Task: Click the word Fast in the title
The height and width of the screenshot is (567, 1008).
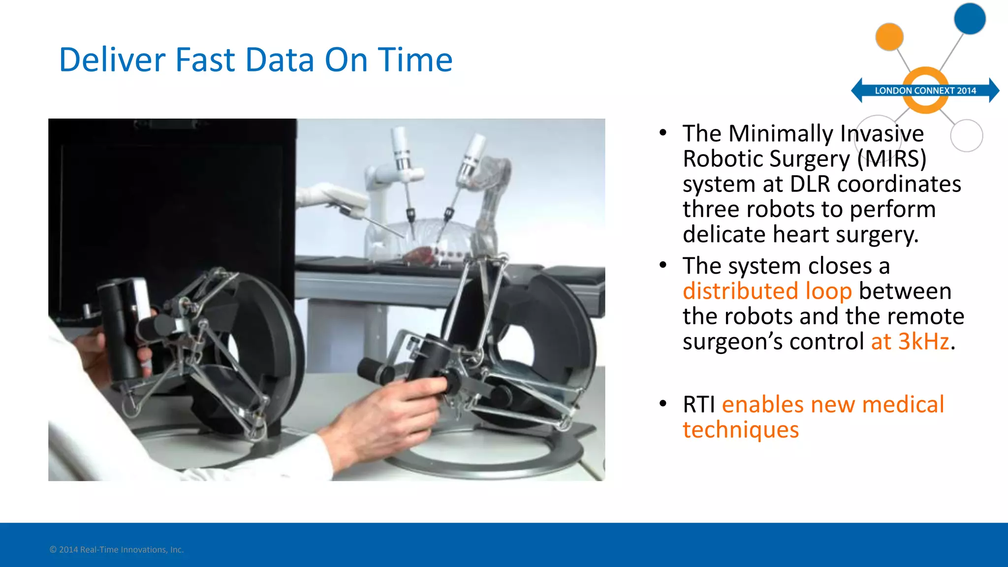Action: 205,60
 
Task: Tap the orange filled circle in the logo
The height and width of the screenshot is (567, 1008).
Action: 889,36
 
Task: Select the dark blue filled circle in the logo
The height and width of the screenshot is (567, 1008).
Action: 969,19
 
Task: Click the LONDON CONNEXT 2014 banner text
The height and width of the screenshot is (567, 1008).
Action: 925,91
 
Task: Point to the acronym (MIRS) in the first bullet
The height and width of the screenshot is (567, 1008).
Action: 891,159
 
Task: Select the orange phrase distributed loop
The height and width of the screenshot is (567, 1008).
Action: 767,291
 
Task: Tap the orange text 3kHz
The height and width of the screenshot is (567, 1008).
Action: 923,341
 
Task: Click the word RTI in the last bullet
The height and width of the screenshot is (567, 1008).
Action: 698,405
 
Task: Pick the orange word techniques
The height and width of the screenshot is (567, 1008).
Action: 740,430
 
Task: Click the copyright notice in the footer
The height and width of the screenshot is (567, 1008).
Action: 117,550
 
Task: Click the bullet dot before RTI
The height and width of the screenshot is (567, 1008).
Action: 663,404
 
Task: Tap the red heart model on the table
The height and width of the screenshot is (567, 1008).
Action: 418,254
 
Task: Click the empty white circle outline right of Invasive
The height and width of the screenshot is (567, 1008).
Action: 966,135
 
